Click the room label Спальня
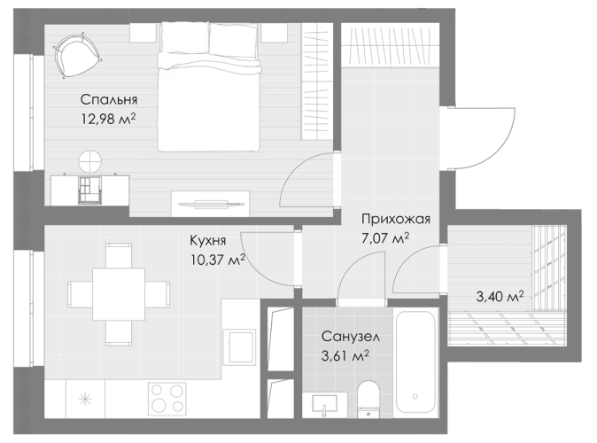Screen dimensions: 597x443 109,100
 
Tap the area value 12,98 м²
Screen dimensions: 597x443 109,120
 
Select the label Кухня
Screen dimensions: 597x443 208,241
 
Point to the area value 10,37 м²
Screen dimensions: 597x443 218,260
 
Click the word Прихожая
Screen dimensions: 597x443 396,219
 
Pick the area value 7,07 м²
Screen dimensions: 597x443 385,238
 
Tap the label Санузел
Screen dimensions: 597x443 351,337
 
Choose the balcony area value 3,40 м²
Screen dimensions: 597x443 500,296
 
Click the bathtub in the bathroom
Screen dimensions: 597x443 415,362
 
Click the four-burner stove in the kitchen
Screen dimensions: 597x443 167,399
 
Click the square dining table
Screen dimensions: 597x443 119,294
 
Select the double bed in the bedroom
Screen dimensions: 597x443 209,87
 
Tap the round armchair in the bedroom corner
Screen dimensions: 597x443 77,56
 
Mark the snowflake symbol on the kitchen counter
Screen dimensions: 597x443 85,400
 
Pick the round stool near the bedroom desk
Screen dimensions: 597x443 90,161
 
